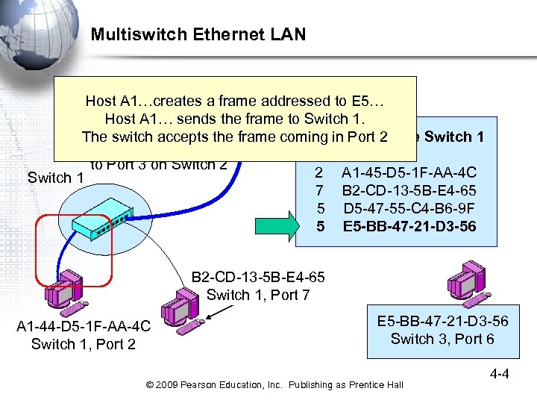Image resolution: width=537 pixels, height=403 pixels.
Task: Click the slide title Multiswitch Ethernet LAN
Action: [198, 34]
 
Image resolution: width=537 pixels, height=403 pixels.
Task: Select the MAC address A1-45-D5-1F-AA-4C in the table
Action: [409, 172]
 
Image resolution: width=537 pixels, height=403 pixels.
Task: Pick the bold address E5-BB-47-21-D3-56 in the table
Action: [409, 224]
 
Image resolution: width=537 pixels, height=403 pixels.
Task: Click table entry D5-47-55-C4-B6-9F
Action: [409, 207]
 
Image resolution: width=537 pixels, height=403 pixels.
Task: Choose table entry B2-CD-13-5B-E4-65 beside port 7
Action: [409, 190]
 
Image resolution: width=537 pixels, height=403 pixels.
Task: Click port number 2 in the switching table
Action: [321, 172]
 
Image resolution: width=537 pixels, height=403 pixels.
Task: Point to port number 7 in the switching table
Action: [321, 190]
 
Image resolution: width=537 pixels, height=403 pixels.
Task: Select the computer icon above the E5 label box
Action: [469, 284]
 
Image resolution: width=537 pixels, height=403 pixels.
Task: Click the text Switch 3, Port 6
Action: [442, 340]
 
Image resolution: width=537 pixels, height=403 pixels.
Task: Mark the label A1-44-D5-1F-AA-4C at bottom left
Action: [83, 326]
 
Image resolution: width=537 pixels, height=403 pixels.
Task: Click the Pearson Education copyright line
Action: [274, 384]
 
